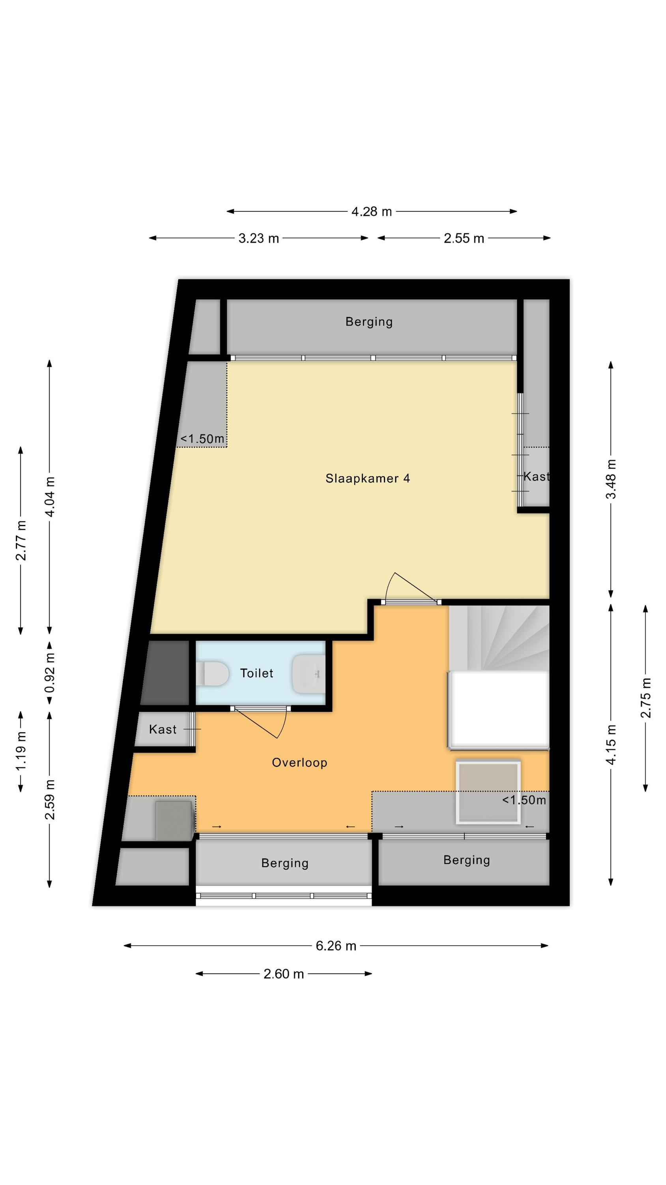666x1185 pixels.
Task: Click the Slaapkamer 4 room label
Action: (x=367, y=478)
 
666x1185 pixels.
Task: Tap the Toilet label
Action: (x=256, y=673)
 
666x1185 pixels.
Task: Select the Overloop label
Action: (x=299, y=763)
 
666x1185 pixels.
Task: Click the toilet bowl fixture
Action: (x=212, y=673)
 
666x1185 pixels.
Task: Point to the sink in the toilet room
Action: (x=309, y=674)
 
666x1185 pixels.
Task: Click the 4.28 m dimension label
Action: (x=371, y=212)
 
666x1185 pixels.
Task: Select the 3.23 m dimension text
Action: (x=259, y=238)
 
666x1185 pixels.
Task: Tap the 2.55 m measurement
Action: (x=464, y=238)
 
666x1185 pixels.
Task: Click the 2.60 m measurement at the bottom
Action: (x=284, y=974)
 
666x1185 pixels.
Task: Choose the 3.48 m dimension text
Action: (x=611, y=479)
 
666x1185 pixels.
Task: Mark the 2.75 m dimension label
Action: (x=645, y=698)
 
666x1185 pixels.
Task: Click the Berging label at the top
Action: (x=369, y=322)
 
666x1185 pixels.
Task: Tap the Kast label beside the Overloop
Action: (x=163, y=729)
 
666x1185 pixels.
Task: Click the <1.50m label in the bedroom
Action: (x=202, y=439)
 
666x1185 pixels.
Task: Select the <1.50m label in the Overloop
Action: (x=524, y=800)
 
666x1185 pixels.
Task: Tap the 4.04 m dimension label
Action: (x=50, y=497)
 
